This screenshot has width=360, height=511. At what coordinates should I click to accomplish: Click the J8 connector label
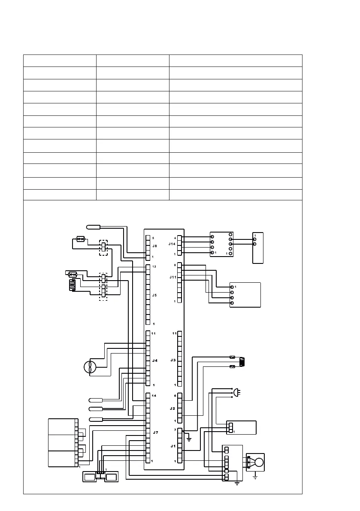coord(155,246)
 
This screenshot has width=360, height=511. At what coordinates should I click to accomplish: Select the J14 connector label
coord(172,244)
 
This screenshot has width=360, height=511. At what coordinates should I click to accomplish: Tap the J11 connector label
coord(172,277)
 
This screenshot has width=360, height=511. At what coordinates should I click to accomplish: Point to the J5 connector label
coord(154,295)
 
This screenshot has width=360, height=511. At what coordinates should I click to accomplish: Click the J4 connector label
coord(155,361)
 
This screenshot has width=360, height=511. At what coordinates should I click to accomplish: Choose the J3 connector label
coord(173,360)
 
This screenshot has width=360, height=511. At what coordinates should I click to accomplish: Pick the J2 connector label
coord(172,408)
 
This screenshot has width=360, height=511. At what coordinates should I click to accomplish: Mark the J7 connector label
coord(155,432)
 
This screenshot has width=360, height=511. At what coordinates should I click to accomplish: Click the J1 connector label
coord(173,446)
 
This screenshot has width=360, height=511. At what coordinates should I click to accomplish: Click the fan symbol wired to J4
coord(90,367)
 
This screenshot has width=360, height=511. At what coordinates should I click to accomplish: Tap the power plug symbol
coord(236,391)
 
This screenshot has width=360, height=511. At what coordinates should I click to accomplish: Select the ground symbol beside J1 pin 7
coord(189,439)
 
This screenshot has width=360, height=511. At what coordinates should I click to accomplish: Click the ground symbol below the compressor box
coord(255,476)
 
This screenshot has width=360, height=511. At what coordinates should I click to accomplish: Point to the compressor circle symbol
coord(258,462)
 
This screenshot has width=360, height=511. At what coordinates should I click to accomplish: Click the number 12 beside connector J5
coord(154,267)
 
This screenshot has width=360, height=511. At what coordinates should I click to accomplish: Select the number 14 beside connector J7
coord(154,395)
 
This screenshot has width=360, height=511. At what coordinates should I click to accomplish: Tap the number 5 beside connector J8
coord(153,237)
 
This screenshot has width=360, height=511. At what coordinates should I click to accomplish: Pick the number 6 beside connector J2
coord(175,395)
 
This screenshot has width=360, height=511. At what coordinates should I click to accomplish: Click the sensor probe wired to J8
coord(94,227)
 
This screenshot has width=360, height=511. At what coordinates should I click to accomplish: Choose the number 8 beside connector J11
coord(175,265)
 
